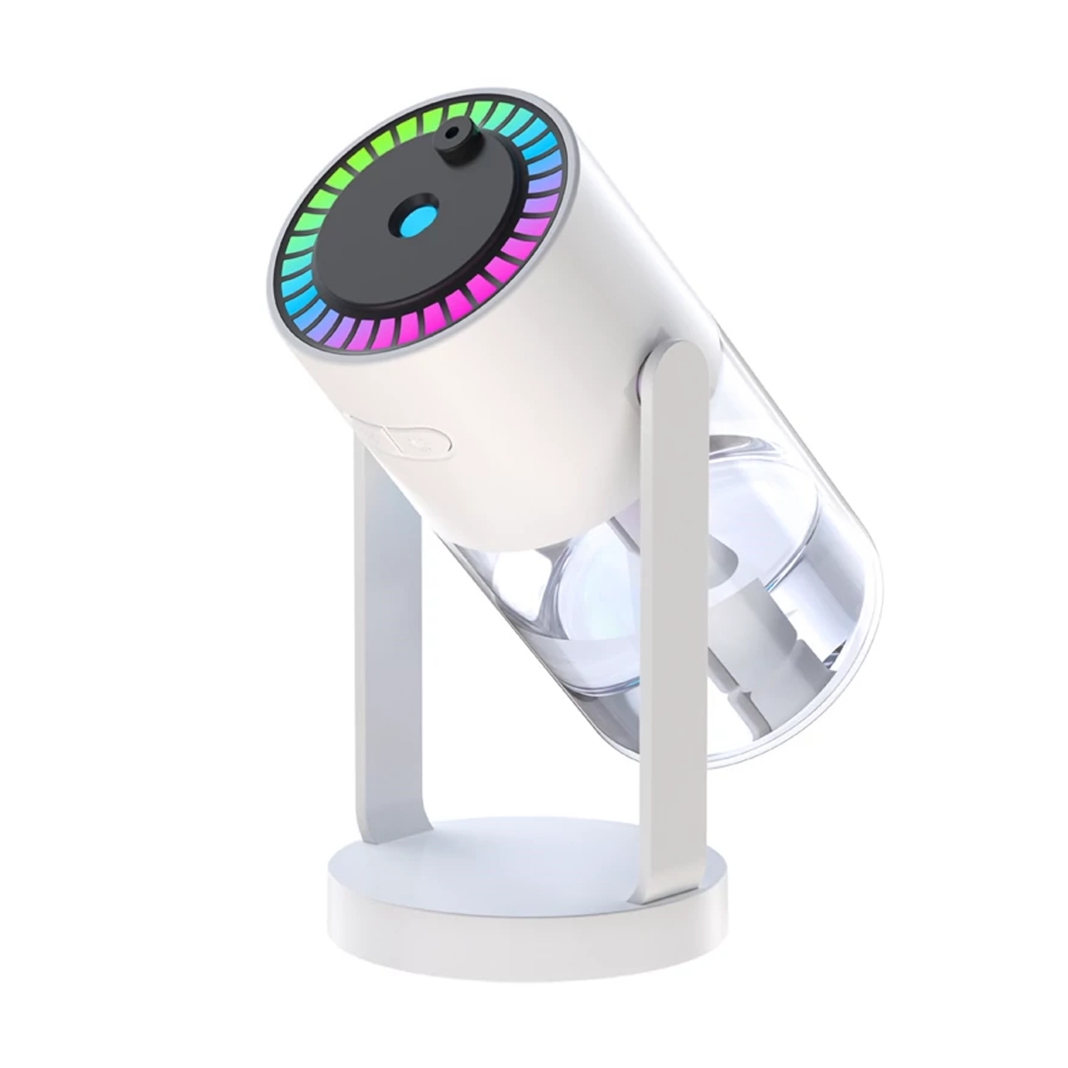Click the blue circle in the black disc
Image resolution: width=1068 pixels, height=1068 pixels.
coord(417,220)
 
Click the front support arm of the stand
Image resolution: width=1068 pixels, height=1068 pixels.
coord(674,623)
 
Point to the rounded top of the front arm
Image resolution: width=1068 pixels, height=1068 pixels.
coord(678,360)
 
